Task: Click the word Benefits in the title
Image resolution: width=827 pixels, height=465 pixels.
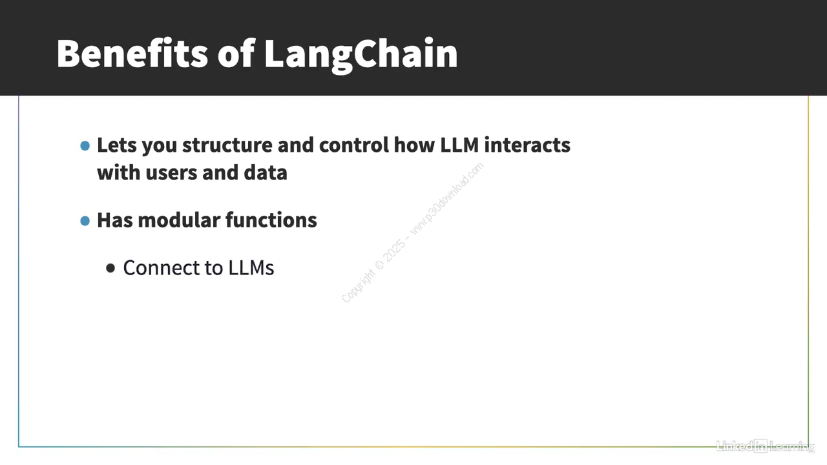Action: tap(132, 54)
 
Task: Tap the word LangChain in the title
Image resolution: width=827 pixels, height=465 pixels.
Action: tap(361, 56)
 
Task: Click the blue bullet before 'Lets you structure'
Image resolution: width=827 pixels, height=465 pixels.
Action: tap(85, 146)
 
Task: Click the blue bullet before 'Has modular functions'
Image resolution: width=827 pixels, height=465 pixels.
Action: tap(85, 221)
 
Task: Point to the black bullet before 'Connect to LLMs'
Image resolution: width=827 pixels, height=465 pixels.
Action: tap(110, 268)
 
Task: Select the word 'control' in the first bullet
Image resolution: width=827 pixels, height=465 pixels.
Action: tap(354, 145)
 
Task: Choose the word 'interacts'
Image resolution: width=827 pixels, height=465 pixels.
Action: tap(527, 145)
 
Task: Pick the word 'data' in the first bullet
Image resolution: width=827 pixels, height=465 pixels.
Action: tap(266, 172)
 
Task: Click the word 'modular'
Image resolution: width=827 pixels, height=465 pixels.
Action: tap(179, 220)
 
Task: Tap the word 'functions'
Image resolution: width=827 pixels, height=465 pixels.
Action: tap(271, 220)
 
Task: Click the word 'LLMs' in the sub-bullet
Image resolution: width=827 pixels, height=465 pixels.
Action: tap(251, 268)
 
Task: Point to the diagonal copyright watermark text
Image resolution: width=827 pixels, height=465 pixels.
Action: tap(412, 232)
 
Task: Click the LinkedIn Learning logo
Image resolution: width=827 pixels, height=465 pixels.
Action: tap(766, 446)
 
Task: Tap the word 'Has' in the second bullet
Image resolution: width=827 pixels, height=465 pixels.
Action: tap(115, 220)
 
